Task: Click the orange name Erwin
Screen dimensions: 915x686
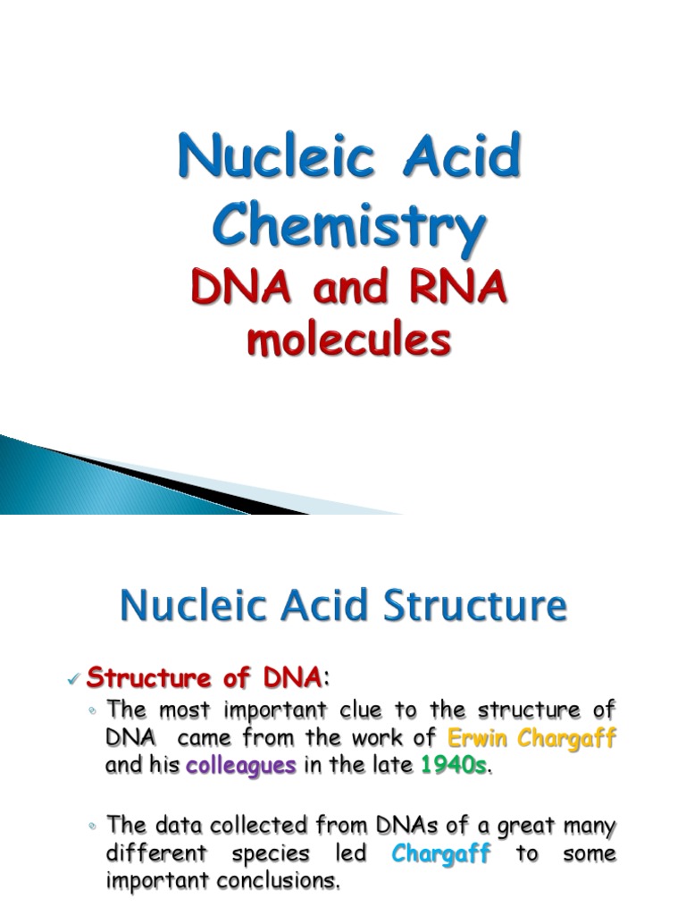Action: coord(478,739)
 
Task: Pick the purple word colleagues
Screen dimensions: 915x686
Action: coord(240,766)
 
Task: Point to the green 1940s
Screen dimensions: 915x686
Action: coord(455,766)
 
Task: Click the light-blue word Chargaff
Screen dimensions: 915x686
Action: coord(441,853)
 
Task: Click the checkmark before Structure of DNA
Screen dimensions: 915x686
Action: coord(74,681)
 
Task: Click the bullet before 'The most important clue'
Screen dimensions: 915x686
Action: coord(93,711)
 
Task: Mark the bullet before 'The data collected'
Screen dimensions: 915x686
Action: coord(93,826)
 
